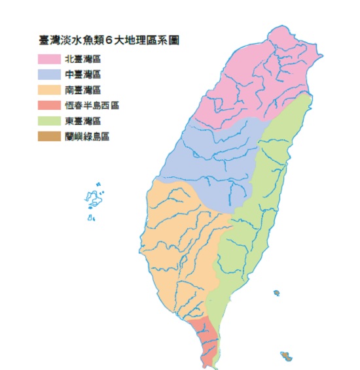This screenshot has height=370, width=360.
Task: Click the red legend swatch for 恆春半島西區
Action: pos(50,105)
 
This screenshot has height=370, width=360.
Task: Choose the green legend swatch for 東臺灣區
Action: pos(50,120)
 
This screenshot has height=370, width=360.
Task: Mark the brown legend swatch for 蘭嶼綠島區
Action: pos(50,136)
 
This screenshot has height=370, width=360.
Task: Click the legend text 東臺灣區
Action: pos(82,121)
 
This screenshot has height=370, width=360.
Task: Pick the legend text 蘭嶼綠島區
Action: pos(87,136)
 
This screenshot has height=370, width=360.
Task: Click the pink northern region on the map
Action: pos(255,85)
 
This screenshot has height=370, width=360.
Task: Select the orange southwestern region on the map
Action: pos(177,248)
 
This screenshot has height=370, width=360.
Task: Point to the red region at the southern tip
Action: pos(203,340)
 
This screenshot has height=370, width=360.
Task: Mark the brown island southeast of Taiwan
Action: pos(287,356)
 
